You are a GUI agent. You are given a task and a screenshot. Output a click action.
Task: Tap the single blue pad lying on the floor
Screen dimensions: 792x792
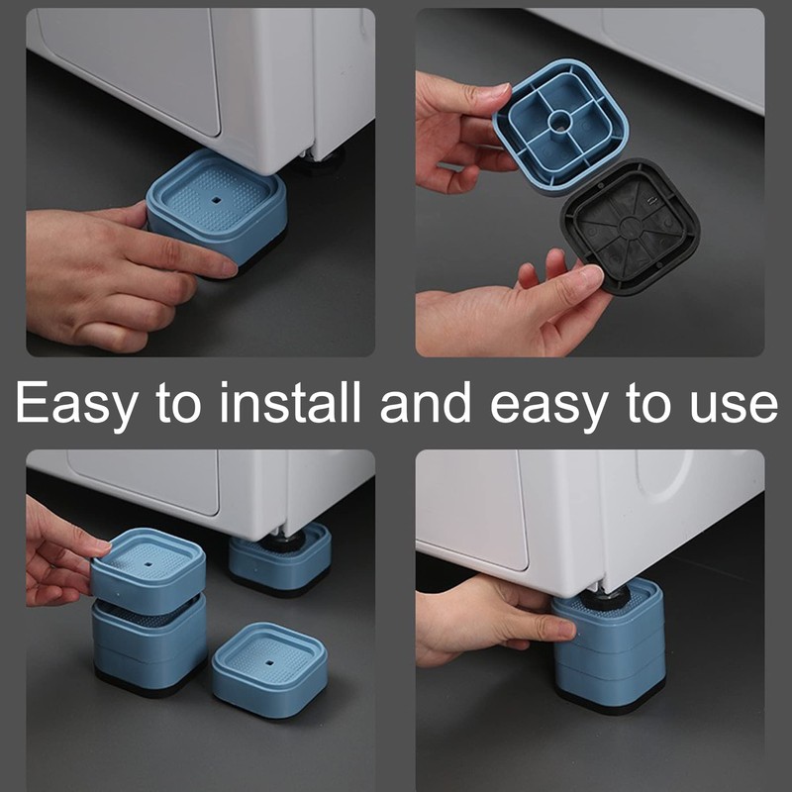click(261, 668)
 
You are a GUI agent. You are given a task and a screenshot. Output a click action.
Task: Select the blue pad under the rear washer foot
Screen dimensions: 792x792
click(279, 559)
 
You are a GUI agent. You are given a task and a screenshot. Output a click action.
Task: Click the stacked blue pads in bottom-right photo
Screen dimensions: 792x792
click(606, 648)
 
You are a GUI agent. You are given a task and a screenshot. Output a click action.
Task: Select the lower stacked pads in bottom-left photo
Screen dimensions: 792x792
click(148, 643)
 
